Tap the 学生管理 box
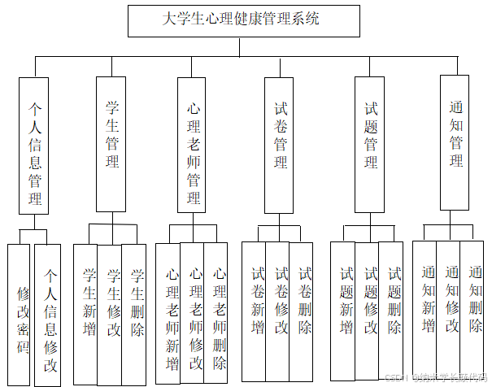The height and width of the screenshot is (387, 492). [x=111, y=142]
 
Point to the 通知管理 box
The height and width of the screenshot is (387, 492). [x=455, y=142]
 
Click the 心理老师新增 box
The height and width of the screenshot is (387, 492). [x=168, y=309]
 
